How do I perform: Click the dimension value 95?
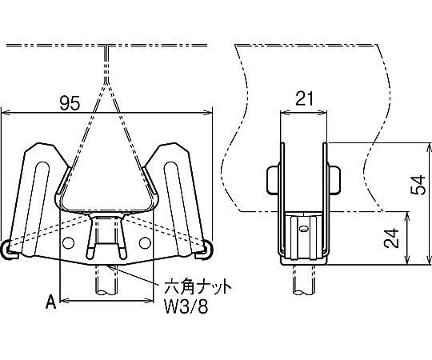(70, 103)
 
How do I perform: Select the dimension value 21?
(304, 99)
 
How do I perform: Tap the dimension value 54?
(418, 185)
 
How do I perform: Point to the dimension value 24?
(392, 238)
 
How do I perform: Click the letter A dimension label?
(51, 302)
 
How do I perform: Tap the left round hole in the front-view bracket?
(68, 243)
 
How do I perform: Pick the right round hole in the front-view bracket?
(145, 242)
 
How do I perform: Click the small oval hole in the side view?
(303, 229)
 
